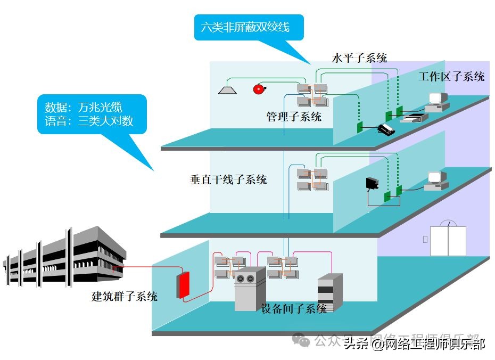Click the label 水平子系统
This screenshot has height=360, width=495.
(x=359, y=58)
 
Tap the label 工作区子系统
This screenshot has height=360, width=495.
(x=451, y=76)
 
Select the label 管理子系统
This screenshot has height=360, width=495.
(x=294, y=117)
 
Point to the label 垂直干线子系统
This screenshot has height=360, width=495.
(x=228, y=179)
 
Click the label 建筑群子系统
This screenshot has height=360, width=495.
(x=125, y=296)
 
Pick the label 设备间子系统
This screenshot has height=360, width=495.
(x=294, y=308)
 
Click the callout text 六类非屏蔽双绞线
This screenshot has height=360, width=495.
(x=245, y=27)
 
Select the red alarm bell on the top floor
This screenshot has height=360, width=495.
(x=259, y=89)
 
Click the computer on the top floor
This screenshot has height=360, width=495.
(x=438, y=101)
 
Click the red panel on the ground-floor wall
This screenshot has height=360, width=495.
(x=184, y=285)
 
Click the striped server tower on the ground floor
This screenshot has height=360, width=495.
(x=326, y=292)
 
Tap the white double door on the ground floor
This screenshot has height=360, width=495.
(x=448, y=240)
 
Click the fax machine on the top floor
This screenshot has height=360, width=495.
(x=413, y=117)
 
